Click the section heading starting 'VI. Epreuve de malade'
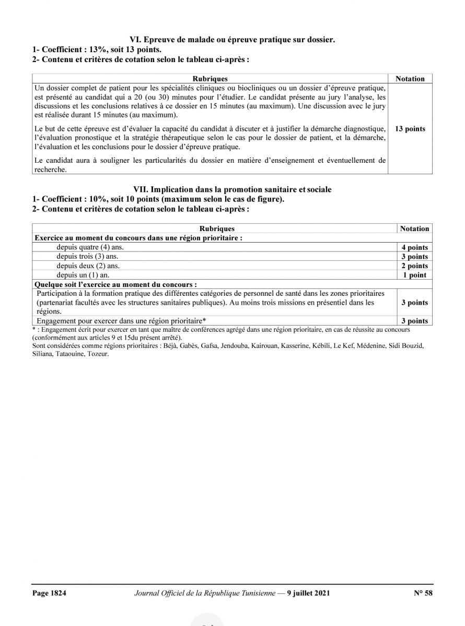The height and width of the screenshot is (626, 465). [x=233, y=39]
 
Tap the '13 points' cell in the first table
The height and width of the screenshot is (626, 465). [x=410, y=129]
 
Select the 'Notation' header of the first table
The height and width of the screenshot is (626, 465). [x=410, y=79]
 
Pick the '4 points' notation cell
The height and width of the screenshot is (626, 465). [x=414, y=248]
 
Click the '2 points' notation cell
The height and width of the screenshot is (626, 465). [x=414, y=266]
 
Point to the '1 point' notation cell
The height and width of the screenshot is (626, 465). [x=414, y=275]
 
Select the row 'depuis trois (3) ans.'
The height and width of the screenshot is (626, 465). [x=88, y=257]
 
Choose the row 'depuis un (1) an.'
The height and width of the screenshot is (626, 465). [x=84, y=275]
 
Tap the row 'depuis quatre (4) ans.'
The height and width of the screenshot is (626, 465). [x=90, y=248]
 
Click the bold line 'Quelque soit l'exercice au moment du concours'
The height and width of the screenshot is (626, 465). [x=115, y=284]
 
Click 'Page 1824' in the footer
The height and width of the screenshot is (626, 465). [x=49, y=593]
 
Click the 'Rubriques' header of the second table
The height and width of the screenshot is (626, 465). [x=217, y=228]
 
